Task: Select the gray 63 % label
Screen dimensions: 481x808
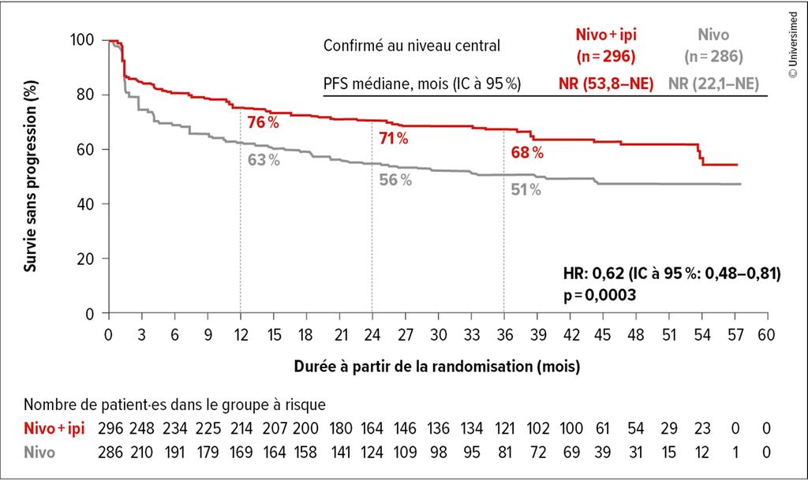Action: [x=264, y=160]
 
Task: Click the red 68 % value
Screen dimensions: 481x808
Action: [x=527, y=153]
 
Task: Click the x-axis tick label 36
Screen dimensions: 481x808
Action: [x=503, y=333]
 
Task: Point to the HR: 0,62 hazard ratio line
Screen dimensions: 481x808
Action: [x=668, y=274]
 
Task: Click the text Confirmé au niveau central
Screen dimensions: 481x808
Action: [x=411, y=46]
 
